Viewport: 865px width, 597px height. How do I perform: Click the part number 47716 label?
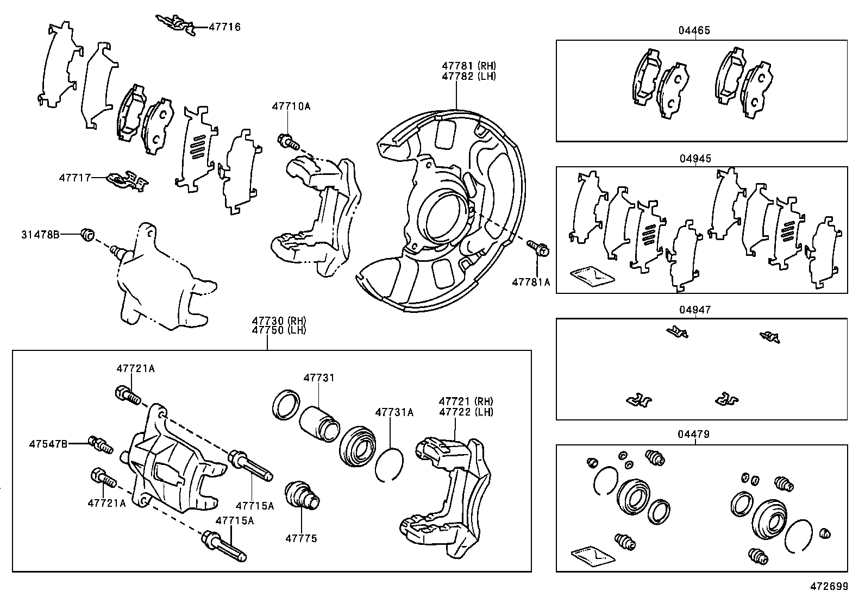pos(224,27)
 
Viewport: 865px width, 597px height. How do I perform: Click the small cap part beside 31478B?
pos(87,234)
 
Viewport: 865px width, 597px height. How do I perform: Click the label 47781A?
pos(531,282)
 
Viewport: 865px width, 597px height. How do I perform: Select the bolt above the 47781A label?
pos(539,248)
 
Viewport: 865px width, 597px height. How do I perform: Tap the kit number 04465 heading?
pos(694,31)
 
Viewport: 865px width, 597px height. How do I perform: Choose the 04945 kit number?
pos(695,159)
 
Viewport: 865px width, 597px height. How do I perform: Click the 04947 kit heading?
pos(695,310)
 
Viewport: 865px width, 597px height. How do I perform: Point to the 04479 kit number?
pos(694,435)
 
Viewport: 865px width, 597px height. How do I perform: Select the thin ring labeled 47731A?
pos(389,464)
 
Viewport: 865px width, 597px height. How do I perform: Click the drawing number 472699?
pos(829,587)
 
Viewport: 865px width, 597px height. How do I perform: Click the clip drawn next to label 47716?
pos(175,25)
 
